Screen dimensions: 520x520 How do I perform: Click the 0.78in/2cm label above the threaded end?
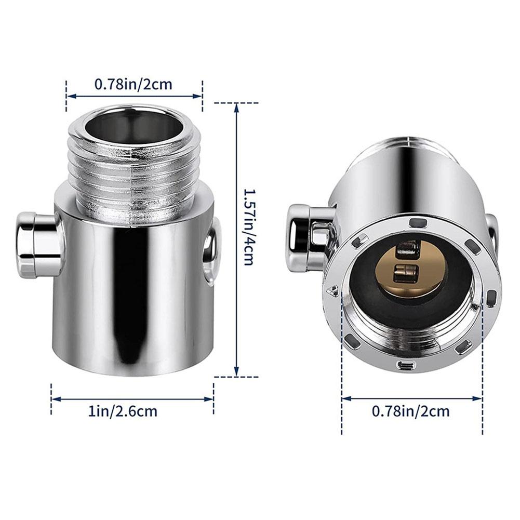pyautogui.click(x=133, y=84)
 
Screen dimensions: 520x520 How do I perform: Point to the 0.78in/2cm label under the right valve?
pyautogui.click(x=411, y=411)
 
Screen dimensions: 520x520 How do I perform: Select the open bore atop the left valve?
pyautogui.click(x=133, y=125)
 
